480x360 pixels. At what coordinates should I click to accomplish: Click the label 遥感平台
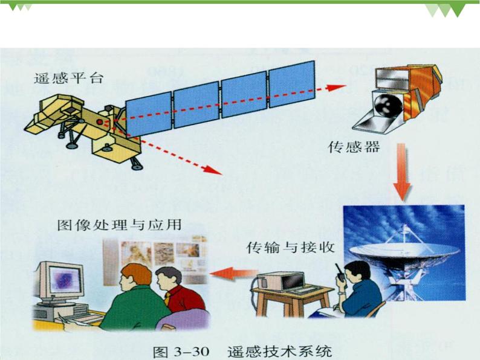point(69,79)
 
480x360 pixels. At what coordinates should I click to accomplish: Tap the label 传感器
point(354,147)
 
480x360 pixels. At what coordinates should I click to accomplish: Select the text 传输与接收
point(291,248)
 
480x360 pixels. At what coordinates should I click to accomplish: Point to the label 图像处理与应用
point(120,225)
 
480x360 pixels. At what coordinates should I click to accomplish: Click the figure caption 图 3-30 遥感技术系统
point(242,352)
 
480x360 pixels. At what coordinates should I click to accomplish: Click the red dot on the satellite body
point(100,122)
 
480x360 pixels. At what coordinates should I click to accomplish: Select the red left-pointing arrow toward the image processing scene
point(234,272)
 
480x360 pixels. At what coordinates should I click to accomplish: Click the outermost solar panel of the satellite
point(292,84)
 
